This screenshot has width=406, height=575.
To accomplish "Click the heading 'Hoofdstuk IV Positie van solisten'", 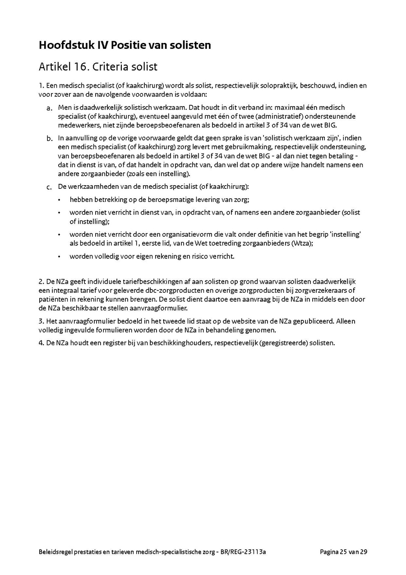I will click(x=125, y=45).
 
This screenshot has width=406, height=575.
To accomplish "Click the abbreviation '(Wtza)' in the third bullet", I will click(x=303, y=243).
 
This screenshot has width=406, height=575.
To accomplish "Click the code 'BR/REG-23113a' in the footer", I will click(x=244, y=552).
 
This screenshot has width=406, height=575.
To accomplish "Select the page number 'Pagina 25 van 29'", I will click(x=343, y=552).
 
